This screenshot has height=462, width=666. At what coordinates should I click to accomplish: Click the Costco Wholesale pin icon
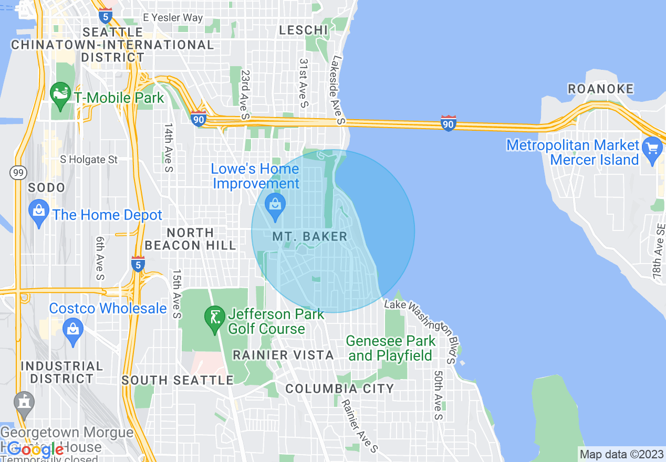point(73,331)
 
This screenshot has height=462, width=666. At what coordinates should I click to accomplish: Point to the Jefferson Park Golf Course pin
point(214,319)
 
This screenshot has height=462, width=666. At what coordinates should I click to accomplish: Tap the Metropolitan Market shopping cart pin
point(652,150)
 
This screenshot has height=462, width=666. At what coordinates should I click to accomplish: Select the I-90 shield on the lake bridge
point(448,124)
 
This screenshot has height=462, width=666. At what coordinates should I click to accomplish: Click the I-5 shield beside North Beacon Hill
point(138,264)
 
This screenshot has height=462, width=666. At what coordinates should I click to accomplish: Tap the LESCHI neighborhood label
point(304,30)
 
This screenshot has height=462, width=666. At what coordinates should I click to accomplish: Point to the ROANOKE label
point(601,89)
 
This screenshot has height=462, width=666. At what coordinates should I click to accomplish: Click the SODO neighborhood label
point(47,187)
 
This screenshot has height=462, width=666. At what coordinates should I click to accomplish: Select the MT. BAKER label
point(310,237)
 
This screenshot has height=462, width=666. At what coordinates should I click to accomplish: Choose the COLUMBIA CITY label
point(339,389)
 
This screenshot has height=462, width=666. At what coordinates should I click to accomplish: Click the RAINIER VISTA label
point(283,355)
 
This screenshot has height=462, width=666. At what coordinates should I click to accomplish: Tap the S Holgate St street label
point(89,159)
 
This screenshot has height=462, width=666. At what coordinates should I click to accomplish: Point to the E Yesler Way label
point(173,17)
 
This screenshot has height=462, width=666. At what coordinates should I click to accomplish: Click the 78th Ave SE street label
point(659,250)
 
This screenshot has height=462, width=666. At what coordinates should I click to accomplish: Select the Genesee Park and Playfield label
point(391,348)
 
